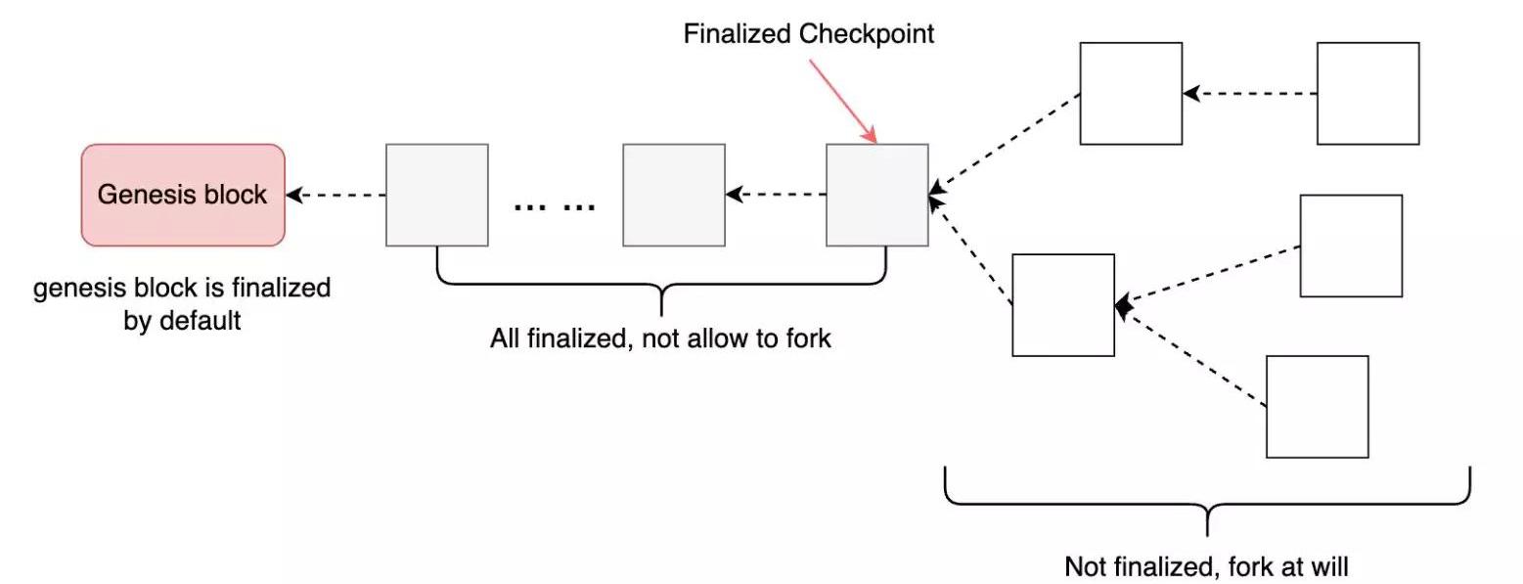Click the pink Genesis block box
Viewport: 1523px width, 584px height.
pyautogui.click(x=182, y=195)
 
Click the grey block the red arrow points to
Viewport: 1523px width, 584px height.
pyautogui.click(x=876, y=195)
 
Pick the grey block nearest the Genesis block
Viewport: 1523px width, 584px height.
pyautogui.click(x=436, y=195)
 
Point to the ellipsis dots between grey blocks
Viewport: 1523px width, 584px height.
pyautogui.click(x=555, y=206)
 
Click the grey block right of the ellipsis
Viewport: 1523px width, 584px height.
pyautogui.click(x=674, y=195)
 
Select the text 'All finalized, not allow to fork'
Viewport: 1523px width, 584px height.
pyautogui.click(x=660, y=339)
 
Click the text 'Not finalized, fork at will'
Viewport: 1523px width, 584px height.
pyautogui.click(x=1206, y=566)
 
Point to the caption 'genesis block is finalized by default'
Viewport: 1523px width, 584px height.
pyautogui.click(x=182, y=304)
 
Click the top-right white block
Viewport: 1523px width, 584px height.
pyautogui.click(x=1367, y=94)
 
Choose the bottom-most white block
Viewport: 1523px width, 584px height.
pyautogui.click(x=1317, y=406)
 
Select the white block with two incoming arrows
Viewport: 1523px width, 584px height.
pyautogui.click(x=1062, y=305)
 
